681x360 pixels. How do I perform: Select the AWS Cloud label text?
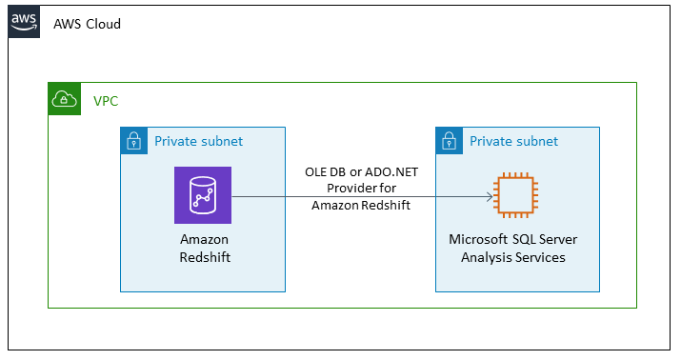(x=88, y=24)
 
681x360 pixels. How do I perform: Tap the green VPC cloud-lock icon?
(x=64, y=98)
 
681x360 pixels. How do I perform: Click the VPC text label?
(x=106, y=100)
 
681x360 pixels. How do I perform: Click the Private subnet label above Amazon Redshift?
(x=199, y=142)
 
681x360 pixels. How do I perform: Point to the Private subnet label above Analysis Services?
(x=513, y=142)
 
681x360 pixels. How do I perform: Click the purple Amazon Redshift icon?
(x=203, y=195)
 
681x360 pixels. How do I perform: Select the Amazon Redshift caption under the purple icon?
(x=203, y=249)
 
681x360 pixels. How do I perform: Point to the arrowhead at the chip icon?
(x=490, y=197)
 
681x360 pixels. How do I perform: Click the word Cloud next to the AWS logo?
(x=103, y=24)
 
